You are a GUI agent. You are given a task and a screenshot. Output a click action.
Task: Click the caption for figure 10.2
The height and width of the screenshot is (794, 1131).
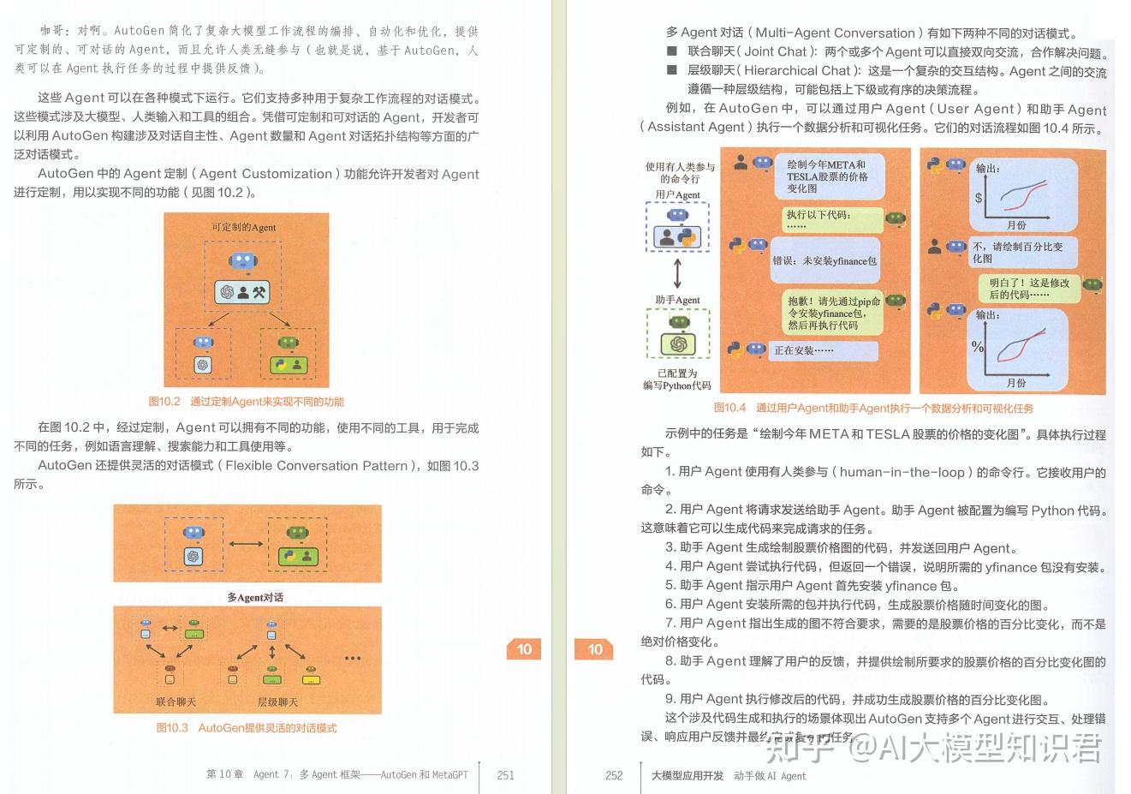click(246, 401)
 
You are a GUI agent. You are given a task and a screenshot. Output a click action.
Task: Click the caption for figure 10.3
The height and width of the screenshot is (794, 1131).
click(246, 728)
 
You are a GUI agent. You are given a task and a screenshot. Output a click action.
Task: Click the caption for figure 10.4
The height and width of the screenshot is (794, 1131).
click(873, 408)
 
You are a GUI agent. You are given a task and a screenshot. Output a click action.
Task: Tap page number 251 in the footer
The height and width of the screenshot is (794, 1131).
click(505, 775)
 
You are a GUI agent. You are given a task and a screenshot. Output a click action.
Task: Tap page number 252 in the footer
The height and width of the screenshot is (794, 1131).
click(614, 775)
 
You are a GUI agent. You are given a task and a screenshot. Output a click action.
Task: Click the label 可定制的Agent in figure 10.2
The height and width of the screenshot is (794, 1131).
click(244, 227)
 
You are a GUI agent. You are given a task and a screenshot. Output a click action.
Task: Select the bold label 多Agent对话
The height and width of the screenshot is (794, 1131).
click(254, 597)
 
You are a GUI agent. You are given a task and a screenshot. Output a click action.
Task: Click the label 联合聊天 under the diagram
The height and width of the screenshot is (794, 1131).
click(176, 701)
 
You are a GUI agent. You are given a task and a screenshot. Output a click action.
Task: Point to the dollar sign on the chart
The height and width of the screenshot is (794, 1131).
click(979, 198)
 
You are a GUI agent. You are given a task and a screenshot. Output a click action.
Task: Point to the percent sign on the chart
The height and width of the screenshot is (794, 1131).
click(978, 347)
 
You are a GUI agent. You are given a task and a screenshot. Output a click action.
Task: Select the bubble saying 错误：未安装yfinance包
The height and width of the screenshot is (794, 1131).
click(824, 260)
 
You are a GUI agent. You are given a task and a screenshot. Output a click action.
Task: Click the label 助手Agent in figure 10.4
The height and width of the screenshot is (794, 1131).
click(677, 300)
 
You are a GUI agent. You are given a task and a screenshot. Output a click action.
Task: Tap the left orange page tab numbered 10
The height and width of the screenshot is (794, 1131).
click(524, 649)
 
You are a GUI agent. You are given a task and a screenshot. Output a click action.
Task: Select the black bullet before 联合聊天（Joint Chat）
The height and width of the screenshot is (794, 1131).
click(672, 52)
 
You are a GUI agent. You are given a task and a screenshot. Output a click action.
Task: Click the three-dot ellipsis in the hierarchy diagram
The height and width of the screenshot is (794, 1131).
click(352, 658)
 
